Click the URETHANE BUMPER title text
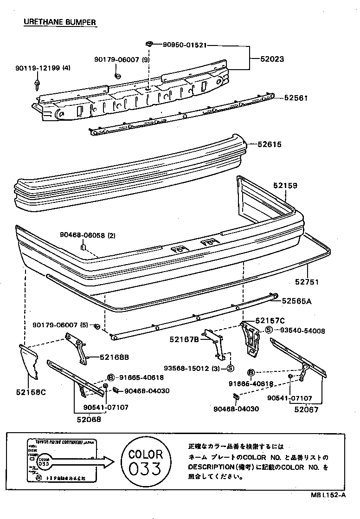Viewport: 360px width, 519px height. (60, 22)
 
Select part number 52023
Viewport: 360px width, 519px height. (271, 59)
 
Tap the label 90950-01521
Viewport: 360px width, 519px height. (184, 45)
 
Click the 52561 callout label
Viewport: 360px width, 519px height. (296, 98)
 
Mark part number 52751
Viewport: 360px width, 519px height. (307, 282)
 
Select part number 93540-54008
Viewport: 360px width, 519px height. (302, 331)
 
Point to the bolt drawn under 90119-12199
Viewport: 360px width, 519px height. (37, 85)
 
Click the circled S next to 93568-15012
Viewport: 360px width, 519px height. (230, 369)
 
